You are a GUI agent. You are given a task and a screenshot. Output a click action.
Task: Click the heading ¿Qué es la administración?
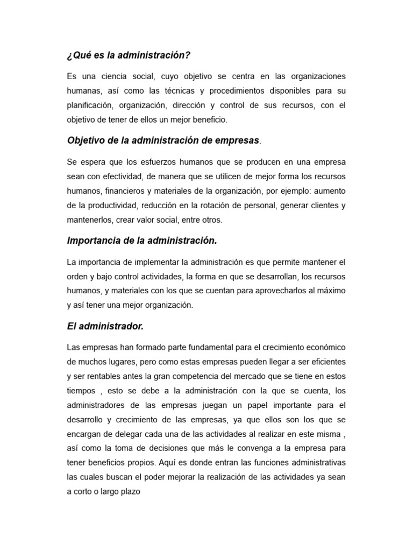(x=129, y=55)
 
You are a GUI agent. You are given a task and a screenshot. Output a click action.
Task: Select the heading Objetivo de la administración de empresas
(x=163, y=140)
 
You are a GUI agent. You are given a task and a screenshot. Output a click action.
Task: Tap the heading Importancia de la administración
(x=142, y=241)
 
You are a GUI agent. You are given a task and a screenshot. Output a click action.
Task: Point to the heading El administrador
(x=105, y=326)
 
